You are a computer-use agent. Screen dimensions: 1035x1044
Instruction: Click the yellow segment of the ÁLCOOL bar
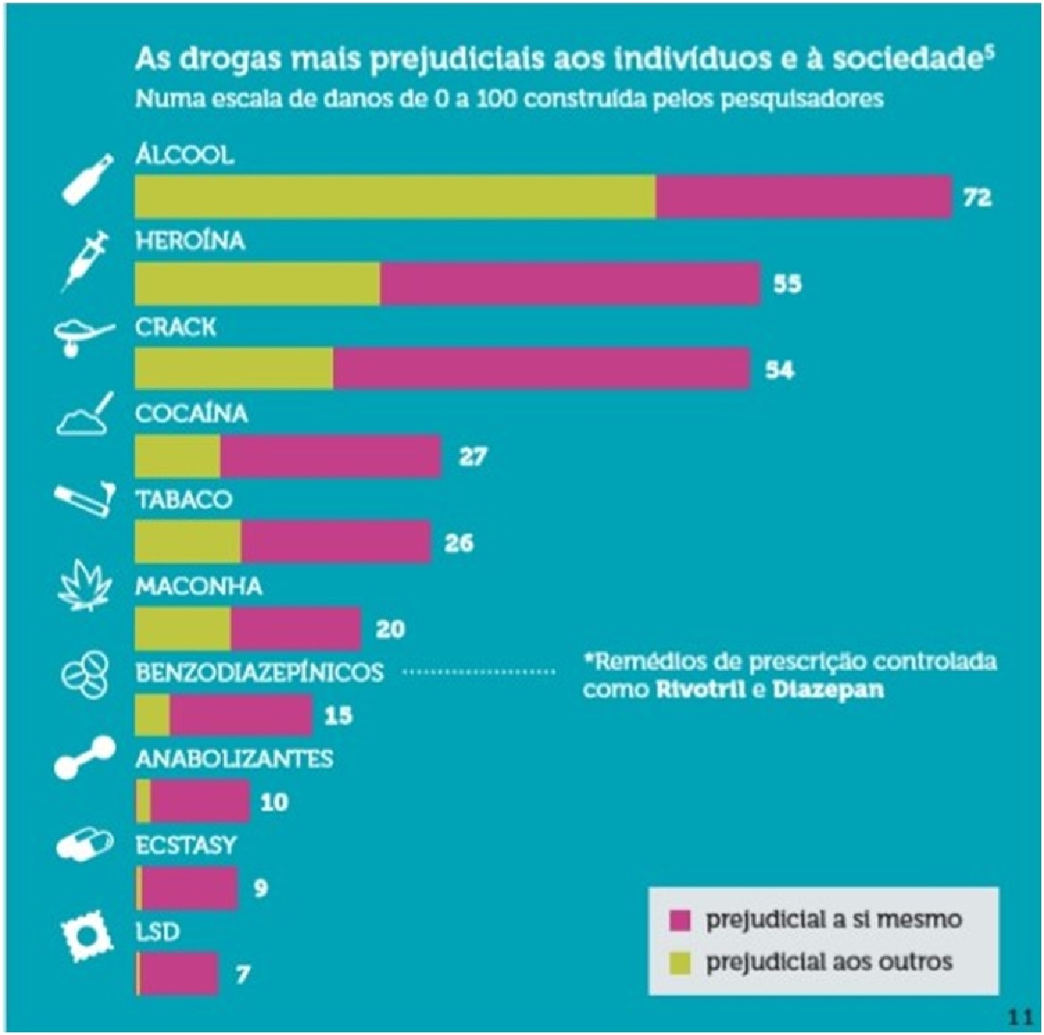pyautogui.click(x=395, y=196)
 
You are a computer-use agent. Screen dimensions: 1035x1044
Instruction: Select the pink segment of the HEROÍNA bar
pyautogui.click(x=570, y=284)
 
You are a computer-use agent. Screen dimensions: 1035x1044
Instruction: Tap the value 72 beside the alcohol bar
pyautogui.click(x=977, y=197)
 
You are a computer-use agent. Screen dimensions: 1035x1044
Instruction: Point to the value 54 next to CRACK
pyautogui.click(x=779, y=369)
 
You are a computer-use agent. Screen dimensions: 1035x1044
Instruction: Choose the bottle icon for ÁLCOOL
pyautogui.click(x=86, y=177)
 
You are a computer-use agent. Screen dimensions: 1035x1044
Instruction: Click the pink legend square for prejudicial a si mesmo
pyautogui.click(x=682, y=919)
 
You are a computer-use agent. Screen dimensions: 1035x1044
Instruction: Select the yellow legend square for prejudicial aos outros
pyautogui.click(x=682, y=962)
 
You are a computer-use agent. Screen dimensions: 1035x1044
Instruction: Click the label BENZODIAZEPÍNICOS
pyautogui.click(x=260, y=672)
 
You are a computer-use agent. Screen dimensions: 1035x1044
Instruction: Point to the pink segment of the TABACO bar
pyautogui.click(x=336, y=542)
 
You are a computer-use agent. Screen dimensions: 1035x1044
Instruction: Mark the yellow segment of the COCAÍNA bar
pyautogui.click(x=178, y=456)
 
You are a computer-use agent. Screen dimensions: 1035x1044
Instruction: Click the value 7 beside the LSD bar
pyautogui.click(x=241, y=973)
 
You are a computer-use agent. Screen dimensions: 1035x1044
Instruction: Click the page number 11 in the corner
pyautogui.click(x=1020, y=1016)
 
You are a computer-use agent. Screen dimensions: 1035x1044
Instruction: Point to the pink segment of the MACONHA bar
pyautogui.click(x=295, y=629)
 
